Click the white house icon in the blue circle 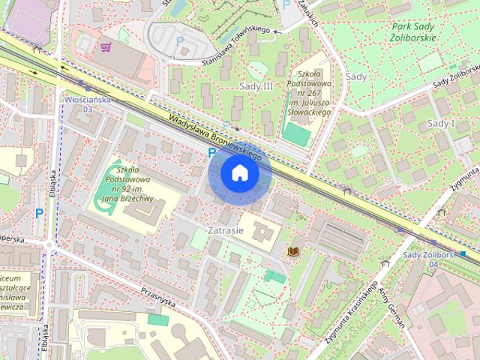pos(240,173)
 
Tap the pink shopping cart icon pos(106,46)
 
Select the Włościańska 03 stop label pos(87,103)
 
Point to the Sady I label pos(440,123)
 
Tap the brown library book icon pos(295,250)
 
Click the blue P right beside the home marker pos(212,152)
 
